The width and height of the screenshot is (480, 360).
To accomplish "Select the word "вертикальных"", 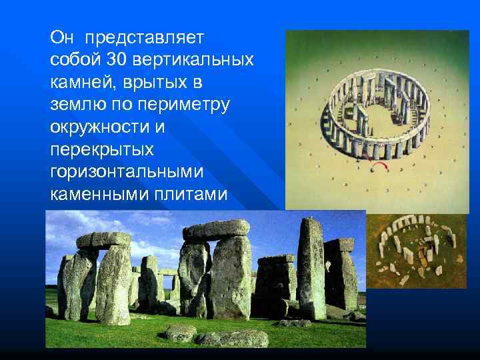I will tap(193, 59).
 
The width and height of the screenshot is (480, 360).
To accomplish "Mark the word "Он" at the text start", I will tap(60, 34).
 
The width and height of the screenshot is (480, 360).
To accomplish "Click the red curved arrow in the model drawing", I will tap(381, 164).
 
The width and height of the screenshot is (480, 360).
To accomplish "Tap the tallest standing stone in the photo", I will tap(311, 267).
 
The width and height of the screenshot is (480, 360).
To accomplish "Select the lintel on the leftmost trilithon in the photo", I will tap(104, 239).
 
